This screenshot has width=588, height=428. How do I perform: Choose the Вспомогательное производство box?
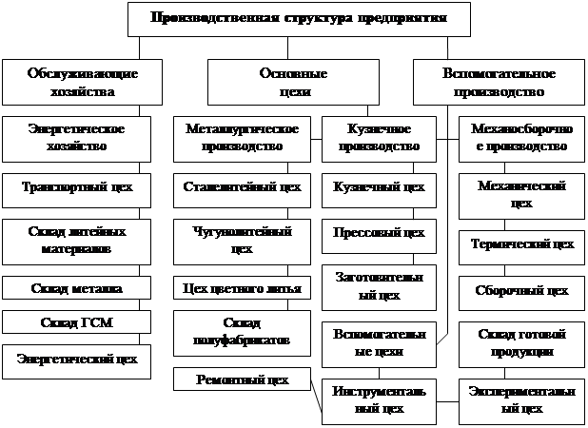pos(499,83)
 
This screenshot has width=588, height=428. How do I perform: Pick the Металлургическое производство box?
pos(242,137)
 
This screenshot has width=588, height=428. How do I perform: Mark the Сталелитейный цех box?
pos(242,187)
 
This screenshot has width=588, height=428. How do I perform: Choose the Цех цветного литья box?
pos(242,287)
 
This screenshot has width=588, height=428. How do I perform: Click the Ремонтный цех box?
pos(242,379)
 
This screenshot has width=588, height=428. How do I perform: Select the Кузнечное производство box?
pos(379,137)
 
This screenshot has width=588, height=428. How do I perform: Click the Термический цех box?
pos(521,244)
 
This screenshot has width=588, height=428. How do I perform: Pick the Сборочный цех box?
pos(521,291)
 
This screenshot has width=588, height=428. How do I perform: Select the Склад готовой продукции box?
pos(521,343)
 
